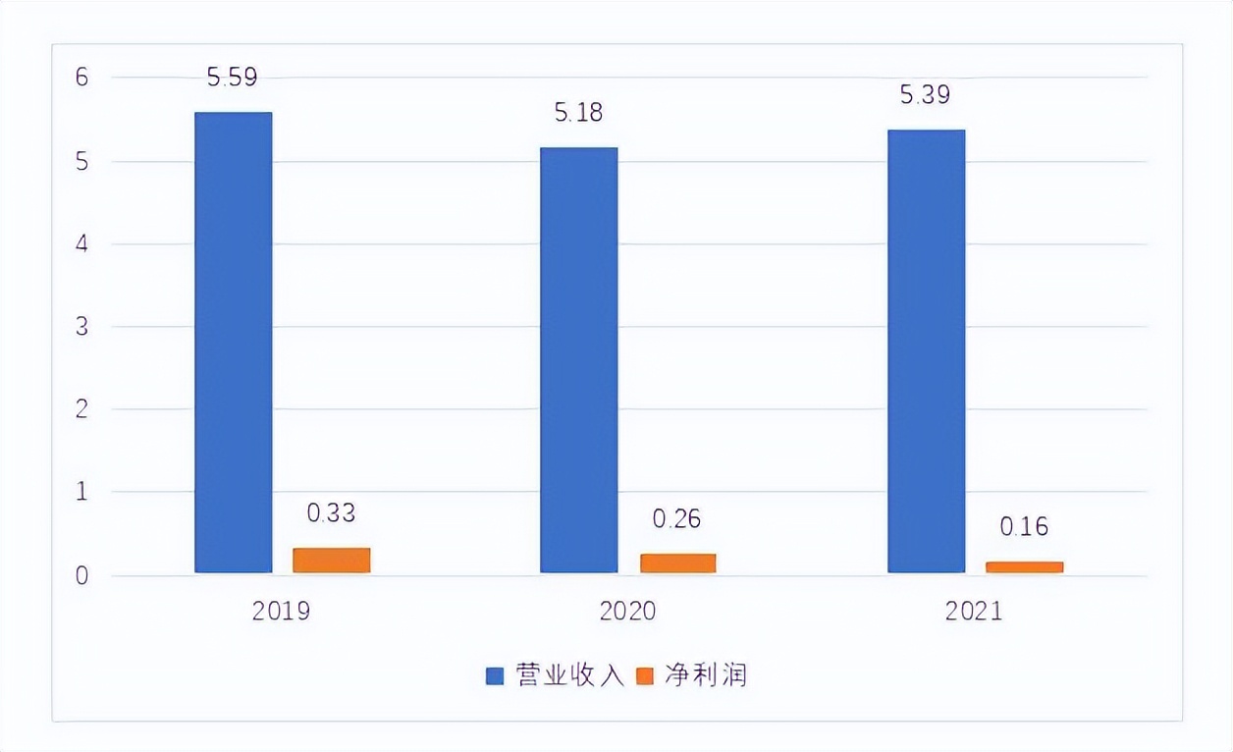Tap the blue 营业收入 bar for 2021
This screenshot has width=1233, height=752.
pos(926,350)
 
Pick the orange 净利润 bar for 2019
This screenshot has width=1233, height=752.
pos(332,560)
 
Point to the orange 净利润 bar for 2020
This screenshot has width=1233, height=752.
pos(677,563)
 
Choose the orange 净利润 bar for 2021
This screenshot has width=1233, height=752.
pos(1024,566)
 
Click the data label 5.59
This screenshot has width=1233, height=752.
pos(232,78)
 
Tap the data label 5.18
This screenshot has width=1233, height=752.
pos(578,113)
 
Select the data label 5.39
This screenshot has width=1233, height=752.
pos(926,95)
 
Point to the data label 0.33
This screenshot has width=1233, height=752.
pos(331,512)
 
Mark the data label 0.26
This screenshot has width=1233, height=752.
pos(676,518)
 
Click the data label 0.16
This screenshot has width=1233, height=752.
pos(1024,526)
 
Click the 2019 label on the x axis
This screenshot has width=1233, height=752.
pos(281,612)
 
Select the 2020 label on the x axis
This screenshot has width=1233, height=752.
pos(627,612)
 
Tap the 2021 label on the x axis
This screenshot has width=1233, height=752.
pos(974,612)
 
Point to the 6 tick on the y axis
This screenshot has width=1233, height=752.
pos(82,78)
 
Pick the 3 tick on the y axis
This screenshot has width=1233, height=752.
pos(82,326)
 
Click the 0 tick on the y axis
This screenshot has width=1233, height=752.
pos(82,575)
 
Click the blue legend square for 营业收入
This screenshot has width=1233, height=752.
pos(496,676)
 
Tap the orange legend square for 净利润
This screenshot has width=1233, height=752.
pos(645,676)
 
